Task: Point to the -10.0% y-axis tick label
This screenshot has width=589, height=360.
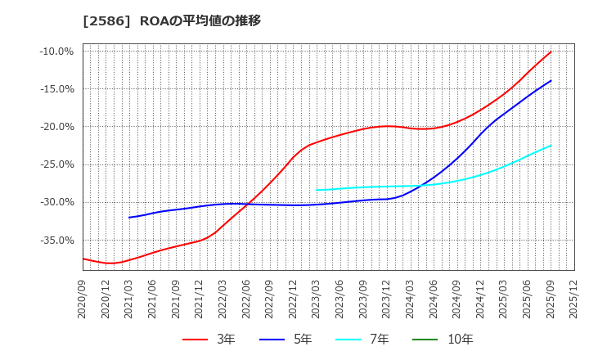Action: [x=56, y=52]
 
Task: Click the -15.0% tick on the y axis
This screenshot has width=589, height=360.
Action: [x=56, y=89]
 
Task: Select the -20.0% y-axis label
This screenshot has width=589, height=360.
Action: [x=56, y=127]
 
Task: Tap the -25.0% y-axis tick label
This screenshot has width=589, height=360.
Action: [x=56, y=164]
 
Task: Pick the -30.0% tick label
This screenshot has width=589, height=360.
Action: [x=56, y=202]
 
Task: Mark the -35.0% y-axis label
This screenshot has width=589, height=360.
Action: [x=56, y=240]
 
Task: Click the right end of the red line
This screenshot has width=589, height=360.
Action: [x=551, y=52]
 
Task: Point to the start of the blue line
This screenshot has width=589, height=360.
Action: [x=129, y=217]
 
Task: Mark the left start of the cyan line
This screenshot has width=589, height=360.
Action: [x=317, y=190]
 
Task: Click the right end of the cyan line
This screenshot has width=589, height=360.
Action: [x=551, y=146]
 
